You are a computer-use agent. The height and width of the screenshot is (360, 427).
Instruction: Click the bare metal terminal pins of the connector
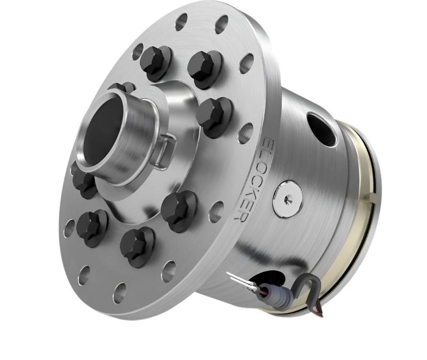[x=238, y=280]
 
